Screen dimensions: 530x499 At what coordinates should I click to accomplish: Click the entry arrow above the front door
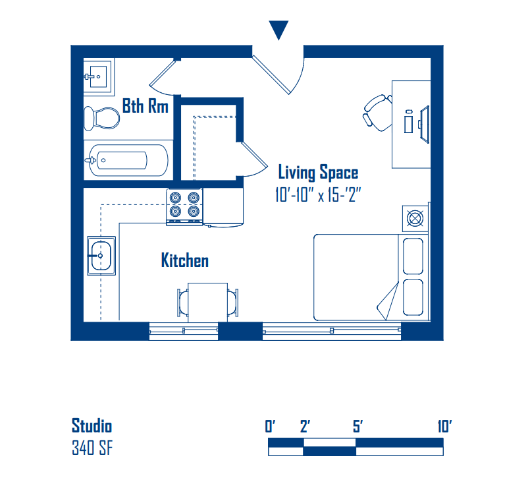click(278, 30)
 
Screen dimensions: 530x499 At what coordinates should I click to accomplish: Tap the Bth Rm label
click(146, 106)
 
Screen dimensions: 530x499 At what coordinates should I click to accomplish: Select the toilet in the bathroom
click(102, 118)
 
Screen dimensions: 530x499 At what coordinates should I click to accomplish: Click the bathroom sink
click(98, 77)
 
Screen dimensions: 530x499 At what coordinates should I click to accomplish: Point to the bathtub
click(126, 160)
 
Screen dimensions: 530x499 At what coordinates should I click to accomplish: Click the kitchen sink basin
click(101, 256)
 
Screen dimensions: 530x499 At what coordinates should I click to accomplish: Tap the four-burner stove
click(184, 207)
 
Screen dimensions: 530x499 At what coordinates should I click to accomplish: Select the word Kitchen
click(185, 260)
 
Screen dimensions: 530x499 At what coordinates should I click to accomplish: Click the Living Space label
click(318, 173)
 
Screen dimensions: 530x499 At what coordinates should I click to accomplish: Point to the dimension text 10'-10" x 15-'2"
click(318, 195)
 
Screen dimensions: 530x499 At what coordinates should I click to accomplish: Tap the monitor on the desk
click(425, 124)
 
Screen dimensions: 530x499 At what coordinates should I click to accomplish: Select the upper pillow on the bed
click(413, 256)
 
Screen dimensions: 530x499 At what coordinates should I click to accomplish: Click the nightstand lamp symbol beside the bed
click(415, 218)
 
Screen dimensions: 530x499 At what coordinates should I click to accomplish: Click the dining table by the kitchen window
click(207, 303)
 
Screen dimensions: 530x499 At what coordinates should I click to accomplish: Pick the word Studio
click(92, 426)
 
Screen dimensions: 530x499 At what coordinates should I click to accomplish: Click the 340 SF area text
click(92, 448)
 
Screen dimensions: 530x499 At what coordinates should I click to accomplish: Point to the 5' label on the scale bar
click(358, 426)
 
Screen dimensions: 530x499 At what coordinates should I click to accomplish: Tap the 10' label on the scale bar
click(444, 426)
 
